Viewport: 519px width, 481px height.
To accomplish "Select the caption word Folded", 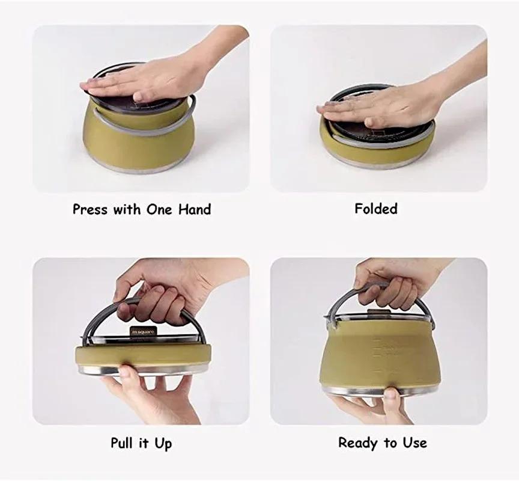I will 376,209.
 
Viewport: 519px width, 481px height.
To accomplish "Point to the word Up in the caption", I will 163,444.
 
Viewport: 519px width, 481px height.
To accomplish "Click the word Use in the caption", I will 415,443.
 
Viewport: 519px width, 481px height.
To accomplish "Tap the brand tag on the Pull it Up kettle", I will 143,331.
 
